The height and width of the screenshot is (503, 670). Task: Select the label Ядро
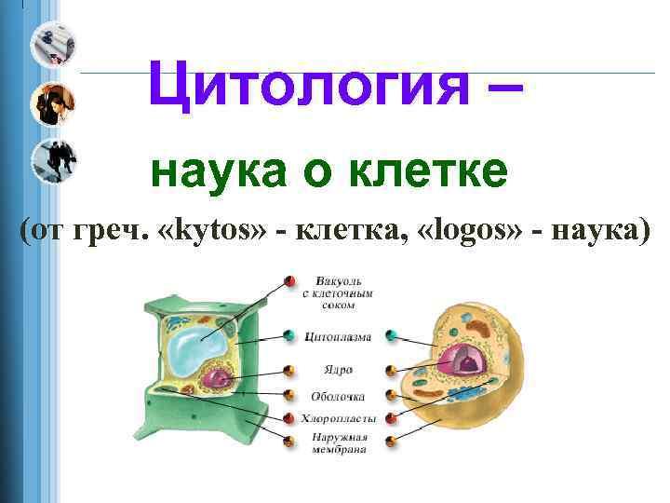338,370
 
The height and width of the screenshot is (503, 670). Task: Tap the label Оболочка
338,395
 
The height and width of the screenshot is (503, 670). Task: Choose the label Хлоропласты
338,418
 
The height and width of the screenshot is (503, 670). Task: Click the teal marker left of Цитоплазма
290,336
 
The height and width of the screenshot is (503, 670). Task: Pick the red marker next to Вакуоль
290,280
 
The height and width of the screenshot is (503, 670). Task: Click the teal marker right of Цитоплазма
394,336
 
